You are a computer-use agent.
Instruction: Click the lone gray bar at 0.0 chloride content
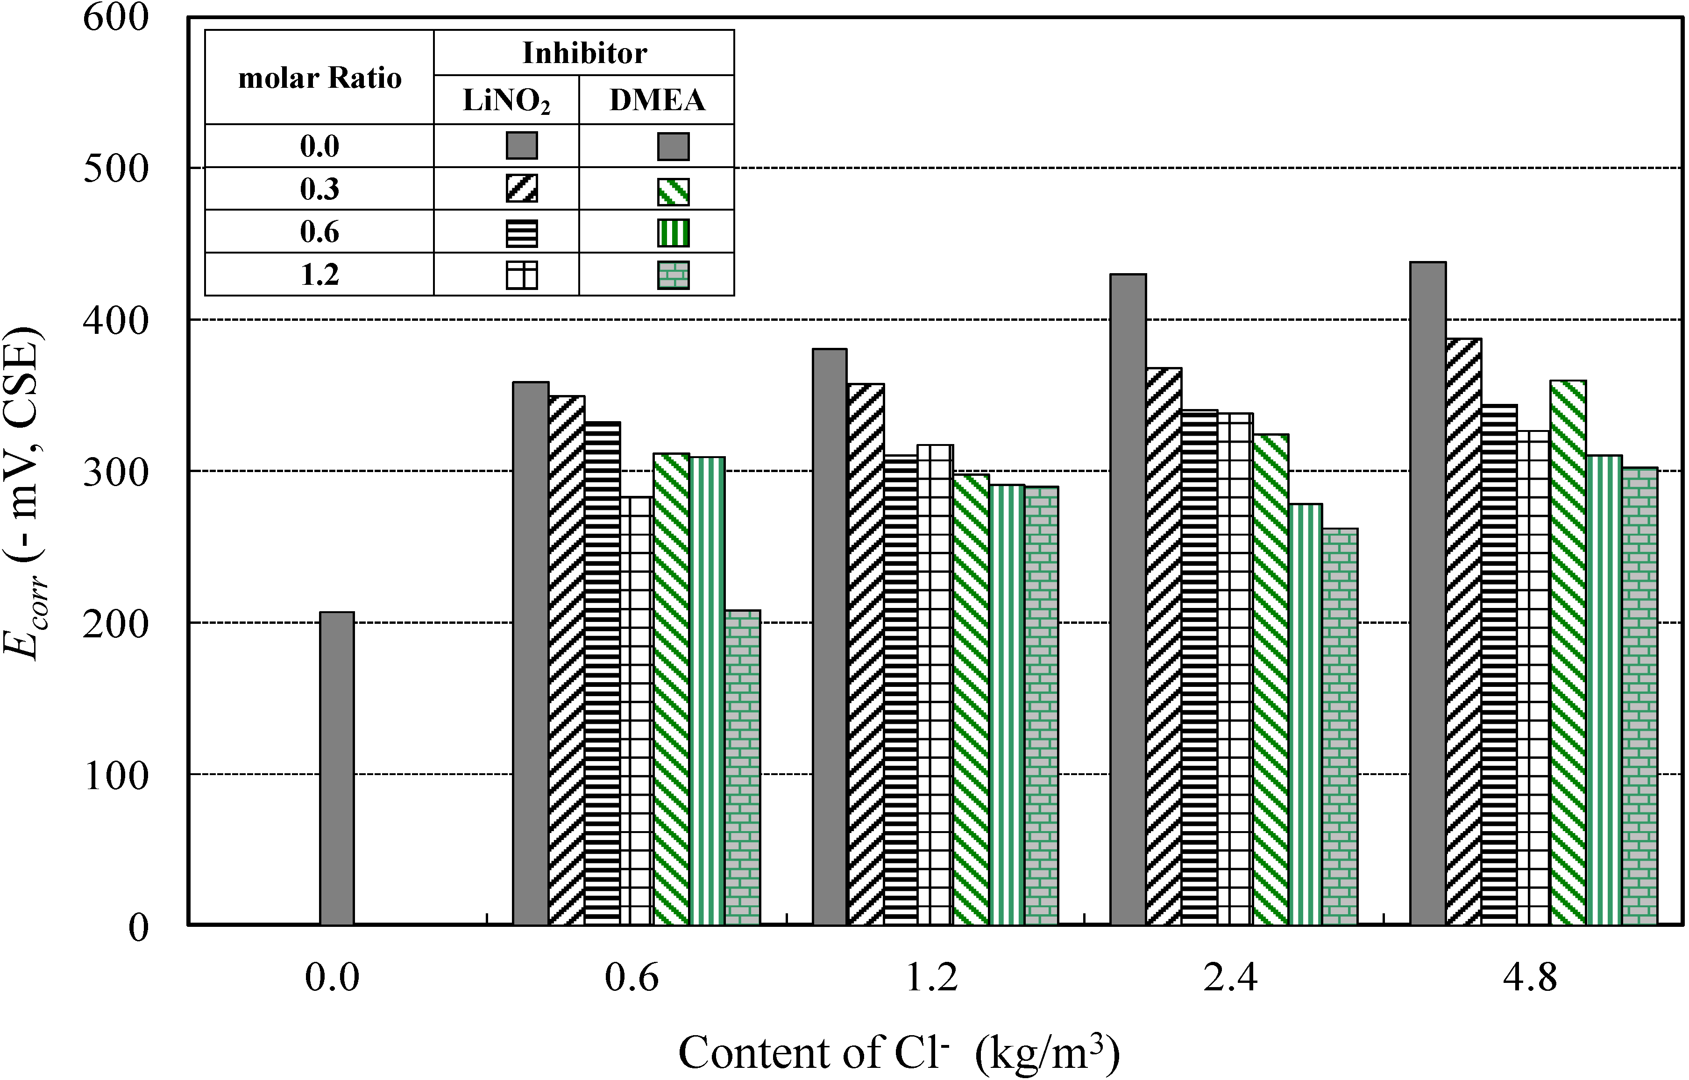point(337,769)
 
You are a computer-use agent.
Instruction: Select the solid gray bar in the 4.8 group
point(1428,593)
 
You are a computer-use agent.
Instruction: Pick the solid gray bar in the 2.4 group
point(1128,600)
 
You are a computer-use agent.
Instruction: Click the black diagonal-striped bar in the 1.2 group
point(866,654)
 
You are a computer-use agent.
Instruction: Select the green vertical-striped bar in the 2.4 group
point(1306,714)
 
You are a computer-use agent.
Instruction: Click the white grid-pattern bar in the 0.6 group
point(638,711)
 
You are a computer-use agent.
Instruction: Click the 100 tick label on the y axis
point(116,775)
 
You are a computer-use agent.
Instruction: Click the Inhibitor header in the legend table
point(584,53)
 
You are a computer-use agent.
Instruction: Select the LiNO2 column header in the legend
point(506,101)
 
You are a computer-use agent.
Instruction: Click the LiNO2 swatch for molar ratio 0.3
point(522,189)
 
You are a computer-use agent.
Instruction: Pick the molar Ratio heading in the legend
point(320,78)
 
